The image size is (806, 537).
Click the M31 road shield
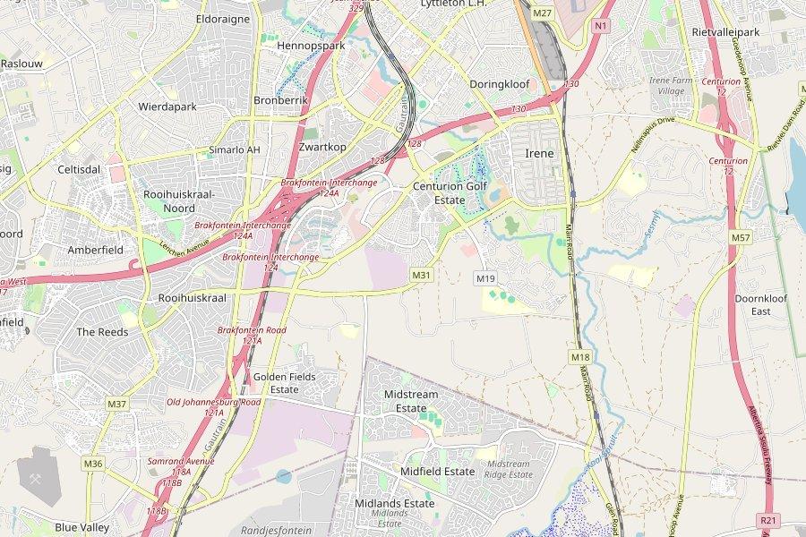click(x=422, y=275)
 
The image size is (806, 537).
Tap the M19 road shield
click(x=485, y=278)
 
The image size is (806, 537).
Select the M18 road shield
click(x=579, y=357)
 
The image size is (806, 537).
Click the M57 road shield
click(x=740, y=238)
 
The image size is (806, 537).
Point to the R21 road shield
click(x=767, y=520)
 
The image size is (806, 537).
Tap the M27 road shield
click(x=542, y=13)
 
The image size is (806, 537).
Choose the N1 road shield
click(x=599, y=26)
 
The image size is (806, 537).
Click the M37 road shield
click(x=116, y=405)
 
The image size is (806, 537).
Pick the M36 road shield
click(x=93, y=464)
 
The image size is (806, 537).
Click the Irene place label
click(x=539, y=153)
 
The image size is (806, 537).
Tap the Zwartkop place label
click(x=323, y=146)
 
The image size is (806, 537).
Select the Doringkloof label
click(x=500, y=84)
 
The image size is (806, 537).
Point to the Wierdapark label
click(x=167, y=107)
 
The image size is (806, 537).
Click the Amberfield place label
click(x=96, y=251)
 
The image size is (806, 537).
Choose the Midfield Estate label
click(x=437, y=472)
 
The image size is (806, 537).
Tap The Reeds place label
click(x=102, y=332)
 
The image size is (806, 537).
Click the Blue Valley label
click(x=82, y=528)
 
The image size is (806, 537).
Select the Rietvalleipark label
click(x=725, y=32)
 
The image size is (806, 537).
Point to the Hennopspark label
click(x=311, y=45)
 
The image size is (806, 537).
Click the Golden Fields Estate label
click(x=284, y=383)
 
